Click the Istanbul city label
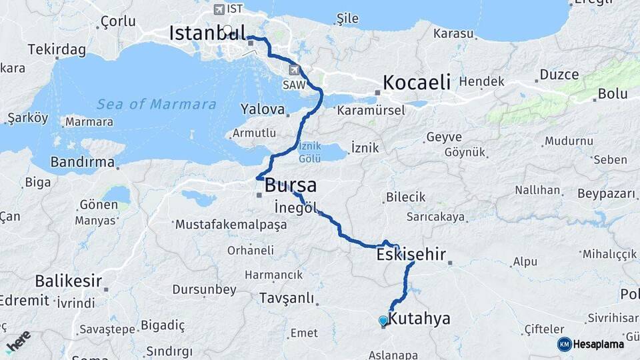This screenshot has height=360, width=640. coord(207,33)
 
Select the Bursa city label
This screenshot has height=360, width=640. coord(290,185)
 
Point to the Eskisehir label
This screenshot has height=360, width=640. coord(411,254)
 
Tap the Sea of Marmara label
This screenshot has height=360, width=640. coord(156,105)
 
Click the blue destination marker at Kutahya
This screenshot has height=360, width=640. coord(383,321)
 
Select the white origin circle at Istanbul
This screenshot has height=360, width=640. coord(228,30)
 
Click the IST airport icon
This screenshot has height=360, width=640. coord(219,9)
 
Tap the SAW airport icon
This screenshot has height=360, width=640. coord(293,69)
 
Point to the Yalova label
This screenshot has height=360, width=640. coord(263,109)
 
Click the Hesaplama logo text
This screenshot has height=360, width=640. coord(599,344)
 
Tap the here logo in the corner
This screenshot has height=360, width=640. coord(18,341)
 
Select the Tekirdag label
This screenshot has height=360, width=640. coord(57,50)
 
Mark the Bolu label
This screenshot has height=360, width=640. coord(612,94)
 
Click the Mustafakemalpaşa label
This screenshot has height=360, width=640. coord(231,225)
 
